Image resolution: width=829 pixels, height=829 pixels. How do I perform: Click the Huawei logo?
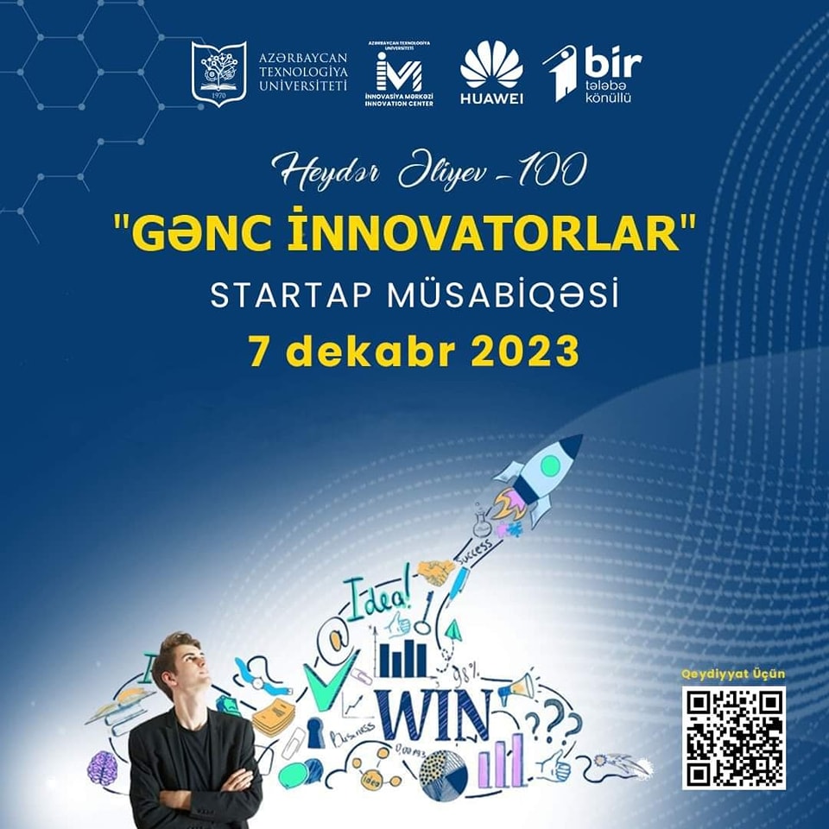pos(491,73)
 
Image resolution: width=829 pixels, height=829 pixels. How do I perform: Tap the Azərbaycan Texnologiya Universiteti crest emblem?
pos(218,73)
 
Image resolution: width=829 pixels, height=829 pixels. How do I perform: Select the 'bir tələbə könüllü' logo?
pos(592,73)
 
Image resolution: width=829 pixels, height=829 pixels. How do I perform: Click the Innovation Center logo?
pos(399,73)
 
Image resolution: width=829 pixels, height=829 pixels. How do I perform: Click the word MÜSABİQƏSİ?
pos(522,295)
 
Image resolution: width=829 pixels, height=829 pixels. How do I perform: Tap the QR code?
pos(733,737)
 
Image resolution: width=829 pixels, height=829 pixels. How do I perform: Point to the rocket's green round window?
pos(549,467)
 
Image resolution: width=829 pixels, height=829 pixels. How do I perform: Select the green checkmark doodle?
pos(331,682)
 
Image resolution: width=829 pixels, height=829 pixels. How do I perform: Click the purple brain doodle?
pos(103,767)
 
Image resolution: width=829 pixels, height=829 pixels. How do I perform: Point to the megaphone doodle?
pos(519,688)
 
